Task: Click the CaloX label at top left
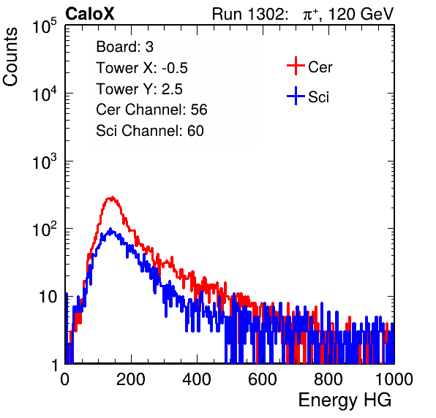(90, 14)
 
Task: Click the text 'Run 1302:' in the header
(249, 14)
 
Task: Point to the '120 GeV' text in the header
(361, 14)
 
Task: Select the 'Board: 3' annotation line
(124, 47)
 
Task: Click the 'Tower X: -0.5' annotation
(142, 68)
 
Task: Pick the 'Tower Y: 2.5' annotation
(139, 89)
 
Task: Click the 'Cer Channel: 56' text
(151, 110)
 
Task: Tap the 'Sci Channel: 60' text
(150, 131)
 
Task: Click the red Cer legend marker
(296, 66)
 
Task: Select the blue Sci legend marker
(296, 96)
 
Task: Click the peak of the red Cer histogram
(111, 197)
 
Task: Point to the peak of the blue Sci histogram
(110, 229)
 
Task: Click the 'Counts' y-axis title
(10, 57)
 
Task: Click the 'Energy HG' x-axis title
(345, 400)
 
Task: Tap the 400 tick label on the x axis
(197, 379)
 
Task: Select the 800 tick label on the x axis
(328, 379)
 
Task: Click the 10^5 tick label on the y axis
(45, 26)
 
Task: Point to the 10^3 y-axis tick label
(45, 162)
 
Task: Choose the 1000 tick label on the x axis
(394, 379)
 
